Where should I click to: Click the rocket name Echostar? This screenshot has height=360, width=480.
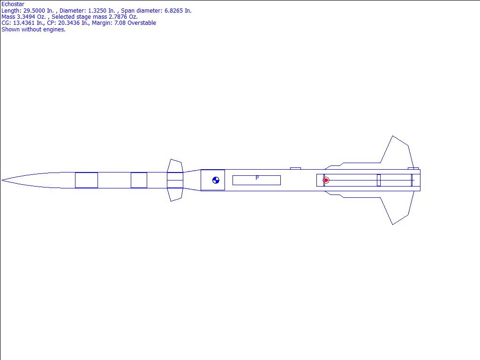13,4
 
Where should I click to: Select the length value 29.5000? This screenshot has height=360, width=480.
34,10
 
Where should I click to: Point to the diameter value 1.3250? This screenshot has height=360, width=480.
97,10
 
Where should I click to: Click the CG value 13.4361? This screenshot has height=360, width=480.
23,22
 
